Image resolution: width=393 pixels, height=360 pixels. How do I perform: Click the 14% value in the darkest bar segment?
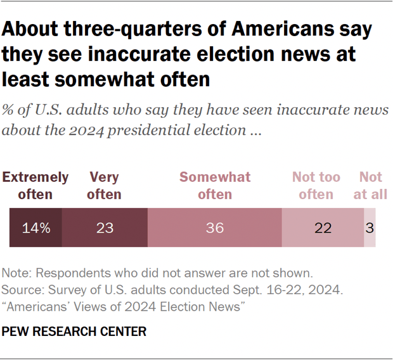(x=35, y=228)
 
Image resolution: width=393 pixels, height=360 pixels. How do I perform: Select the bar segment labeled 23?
(x=105, y=228)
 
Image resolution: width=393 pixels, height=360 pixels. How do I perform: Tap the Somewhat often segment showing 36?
(x=215, y=228)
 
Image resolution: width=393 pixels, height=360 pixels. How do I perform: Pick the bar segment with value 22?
(x=323, y=228)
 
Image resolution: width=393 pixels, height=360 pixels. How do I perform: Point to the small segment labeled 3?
(x=370, y=228)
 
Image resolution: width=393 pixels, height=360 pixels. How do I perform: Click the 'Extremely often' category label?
(x=35, y=186)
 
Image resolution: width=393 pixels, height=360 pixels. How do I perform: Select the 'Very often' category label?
(x=104, y=186)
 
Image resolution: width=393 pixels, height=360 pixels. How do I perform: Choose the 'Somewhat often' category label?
(x=215, y=186)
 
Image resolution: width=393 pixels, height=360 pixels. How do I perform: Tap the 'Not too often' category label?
(x=316, y=186)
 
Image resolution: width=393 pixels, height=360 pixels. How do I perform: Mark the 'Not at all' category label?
(x=370, y=186)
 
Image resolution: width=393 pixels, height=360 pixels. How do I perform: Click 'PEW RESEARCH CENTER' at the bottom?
(x=74, y=331)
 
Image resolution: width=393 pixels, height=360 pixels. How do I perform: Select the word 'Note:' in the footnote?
(x=18, y=274)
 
